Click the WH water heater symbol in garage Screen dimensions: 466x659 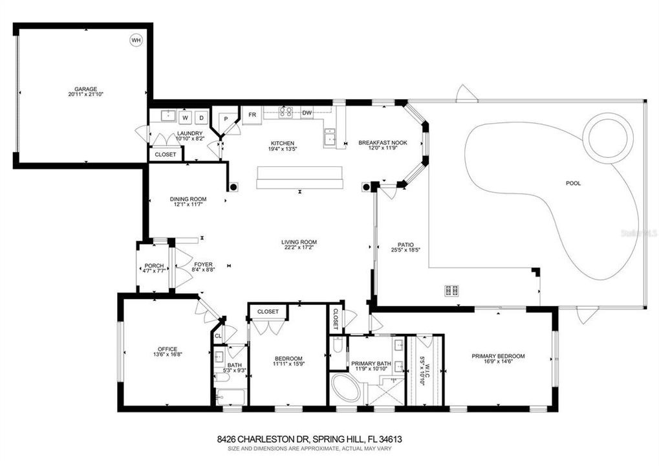[136, 41]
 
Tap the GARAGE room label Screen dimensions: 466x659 [85, 89]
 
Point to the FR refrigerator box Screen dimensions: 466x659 [251, 115]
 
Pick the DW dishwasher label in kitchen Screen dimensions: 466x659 [307, 113]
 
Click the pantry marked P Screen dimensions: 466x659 [226, 119]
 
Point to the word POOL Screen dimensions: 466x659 [573, 183]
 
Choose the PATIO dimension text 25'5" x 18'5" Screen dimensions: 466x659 [406, 250]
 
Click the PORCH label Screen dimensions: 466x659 [154, 265]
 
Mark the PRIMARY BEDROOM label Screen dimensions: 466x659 [497, 356]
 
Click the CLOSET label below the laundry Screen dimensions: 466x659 [166, 155]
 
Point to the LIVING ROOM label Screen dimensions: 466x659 [299, 242]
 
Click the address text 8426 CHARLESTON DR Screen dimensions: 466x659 [263, 439]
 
